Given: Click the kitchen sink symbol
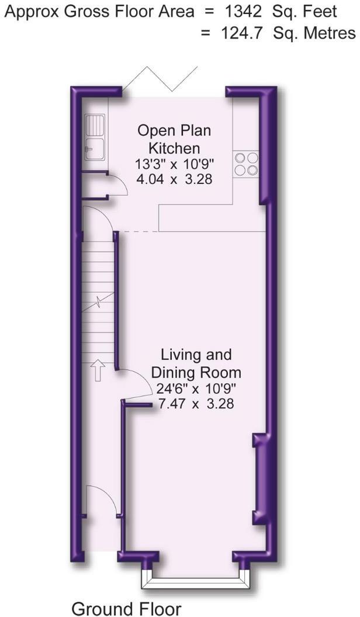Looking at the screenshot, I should coord(95,137).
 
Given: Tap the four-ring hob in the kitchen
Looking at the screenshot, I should coord(246,163).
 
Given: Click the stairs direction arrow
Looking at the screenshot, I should coord(97,371).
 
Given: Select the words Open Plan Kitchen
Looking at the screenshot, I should coord(174,138).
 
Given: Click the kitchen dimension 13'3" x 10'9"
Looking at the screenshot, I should coord(174,164).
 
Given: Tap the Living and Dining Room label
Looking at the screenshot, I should coord(196,363).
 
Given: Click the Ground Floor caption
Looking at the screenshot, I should coord(126,608).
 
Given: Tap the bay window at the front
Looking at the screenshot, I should coord(195,578).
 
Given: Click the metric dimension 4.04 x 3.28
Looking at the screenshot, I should coord(174,179).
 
